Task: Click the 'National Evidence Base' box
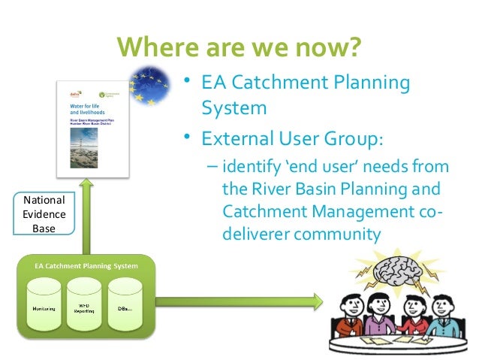click(44, 213)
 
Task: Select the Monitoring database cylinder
click(44, 300)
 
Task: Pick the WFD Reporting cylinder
click(85, 300)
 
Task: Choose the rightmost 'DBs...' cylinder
click(125, 300)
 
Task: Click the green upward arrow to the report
click(89, 218)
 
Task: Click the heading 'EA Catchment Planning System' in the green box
click(84, 265)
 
